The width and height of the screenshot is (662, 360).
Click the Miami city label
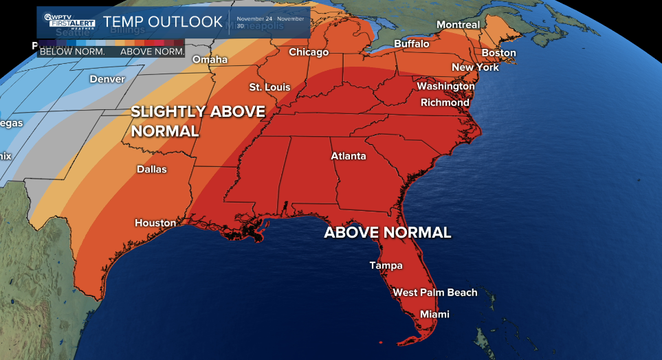tap(434, 314)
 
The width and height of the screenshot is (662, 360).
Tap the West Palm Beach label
tap(434, 293)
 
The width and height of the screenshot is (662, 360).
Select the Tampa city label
tap(386, 265)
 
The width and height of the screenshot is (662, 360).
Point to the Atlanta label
tap(349, 156)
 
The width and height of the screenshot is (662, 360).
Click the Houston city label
tap(155, 223)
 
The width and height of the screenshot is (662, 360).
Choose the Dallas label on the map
tap(152, 169)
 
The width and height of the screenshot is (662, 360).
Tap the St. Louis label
tap(269, 87)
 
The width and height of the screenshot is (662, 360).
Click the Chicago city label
tap(309, 52)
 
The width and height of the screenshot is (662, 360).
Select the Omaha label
tap(210, 60)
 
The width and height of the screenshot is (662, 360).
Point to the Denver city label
tap(107, 79)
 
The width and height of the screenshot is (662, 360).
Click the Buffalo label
tap(411, 44)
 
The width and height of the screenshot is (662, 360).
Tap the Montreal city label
tap(458, 25)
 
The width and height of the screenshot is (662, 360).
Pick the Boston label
tap(498, 53)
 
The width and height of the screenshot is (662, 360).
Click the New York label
tap(475, 67)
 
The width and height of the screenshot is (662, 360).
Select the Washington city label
tap(445, 87)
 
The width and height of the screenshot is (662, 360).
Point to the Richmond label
tap(445, 102)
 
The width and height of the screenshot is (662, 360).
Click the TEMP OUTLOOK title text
tap(163, 21)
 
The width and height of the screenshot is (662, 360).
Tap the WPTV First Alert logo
tap(69, 21)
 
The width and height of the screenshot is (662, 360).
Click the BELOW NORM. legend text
tap(72, 52)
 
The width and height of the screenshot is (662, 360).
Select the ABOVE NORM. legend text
tap(152, 52)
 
